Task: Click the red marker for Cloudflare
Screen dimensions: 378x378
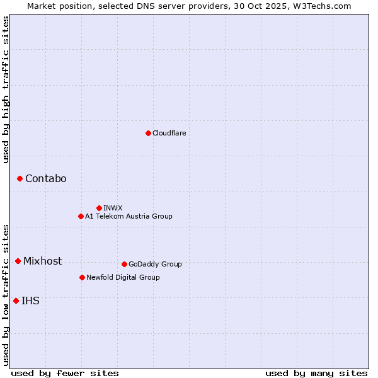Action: [x=148, y=133]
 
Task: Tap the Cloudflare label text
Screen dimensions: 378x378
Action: [x=169, y=133]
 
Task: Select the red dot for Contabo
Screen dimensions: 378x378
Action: [x=20, y=179]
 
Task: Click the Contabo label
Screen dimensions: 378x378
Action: [x=45, y=179]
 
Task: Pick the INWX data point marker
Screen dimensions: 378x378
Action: [x=99, y=208]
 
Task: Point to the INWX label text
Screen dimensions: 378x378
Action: [x=113, y=208]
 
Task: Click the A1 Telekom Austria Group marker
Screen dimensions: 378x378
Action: [x=81, y=216]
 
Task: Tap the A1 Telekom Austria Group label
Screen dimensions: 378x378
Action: [x=129, y=216]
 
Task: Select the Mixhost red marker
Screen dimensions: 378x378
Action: [x=18, y=261]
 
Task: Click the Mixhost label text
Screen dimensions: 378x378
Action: [x=42, y=261]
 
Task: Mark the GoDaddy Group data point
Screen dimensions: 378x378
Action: [x=124, y=264]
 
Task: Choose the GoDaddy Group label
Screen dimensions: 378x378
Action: [x=155, y=264]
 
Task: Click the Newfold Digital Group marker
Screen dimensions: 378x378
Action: [x=82, y=277]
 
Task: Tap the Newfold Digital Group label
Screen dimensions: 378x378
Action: [x=123, y=277]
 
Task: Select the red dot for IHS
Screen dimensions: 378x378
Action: [x=16, y=301]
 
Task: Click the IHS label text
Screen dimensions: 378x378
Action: [x=30, y=301]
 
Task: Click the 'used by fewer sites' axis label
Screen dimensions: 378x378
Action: [x=65, y=373]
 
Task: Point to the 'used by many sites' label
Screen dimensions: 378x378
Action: [x=316, y=373]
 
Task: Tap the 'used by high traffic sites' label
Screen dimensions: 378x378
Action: [x=6, y=89]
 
